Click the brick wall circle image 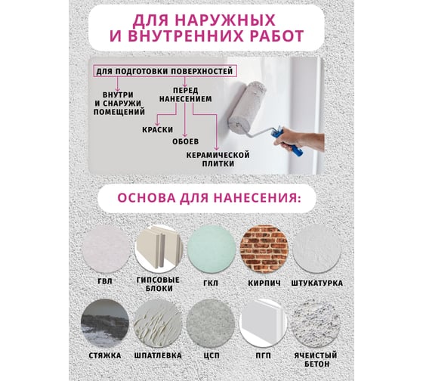[264, 249]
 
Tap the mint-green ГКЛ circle [211, 249]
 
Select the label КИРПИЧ [264, 283]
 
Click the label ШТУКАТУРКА [317, 283]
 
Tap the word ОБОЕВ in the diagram [186, 141]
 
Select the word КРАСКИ [158, 130]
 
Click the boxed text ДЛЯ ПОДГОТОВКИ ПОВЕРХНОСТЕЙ [165, 72]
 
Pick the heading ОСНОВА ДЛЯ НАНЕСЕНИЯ [208, 198]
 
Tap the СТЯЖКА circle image [105, 324]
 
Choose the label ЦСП [211, 355]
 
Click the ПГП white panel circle [264, 324]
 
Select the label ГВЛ [105, 281]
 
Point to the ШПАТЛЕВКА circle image [158, 324]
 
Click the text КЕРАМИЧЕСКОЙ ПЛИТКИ [218, 160]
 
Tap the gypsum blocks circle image [159, 249]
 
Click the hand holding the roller [301, 139]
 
